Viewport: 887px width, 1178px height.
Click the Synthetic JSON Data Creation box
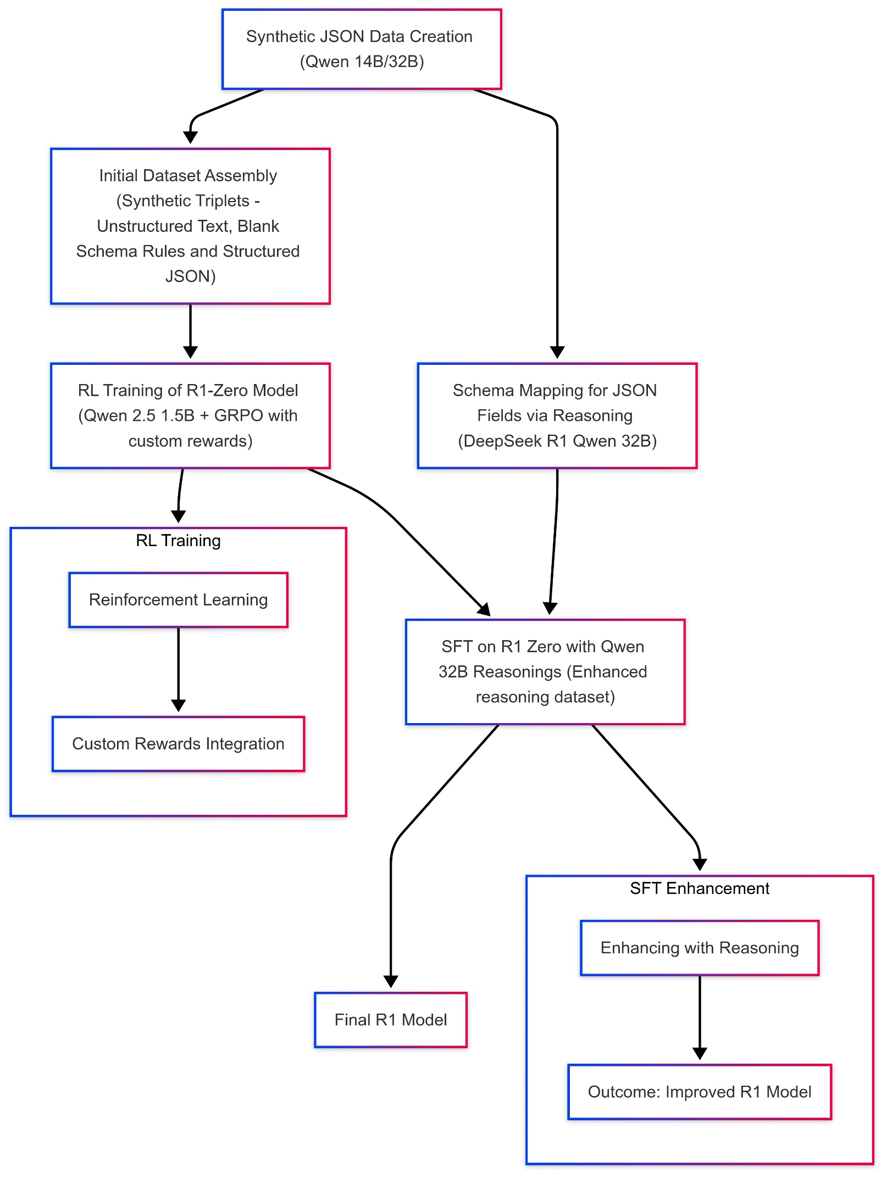(x=362, y=49)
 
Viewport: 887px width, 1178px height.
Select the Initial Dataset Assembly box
(x=190, y=226)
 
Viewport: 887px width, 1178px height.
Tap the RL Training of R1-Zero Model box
(x=190, y=415)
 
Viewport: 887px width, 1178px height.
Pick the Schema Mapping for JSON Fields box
(x=557, y=415)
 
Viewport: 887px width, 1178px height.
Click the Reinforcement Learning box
(x=178, y=599)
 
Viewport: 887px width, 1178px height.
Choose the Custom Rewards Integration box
(x=178, y=743)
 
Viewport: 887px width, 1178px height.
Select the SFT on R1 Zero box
(x=545, y=671)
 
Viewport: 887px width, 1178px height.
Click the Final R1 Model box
(x=390, y=1020)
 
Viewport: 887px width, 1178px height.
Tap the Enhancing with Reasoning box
(x=699, y=948)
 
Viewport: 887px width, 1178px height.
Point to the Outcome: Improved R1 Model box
(x=699, y=1092)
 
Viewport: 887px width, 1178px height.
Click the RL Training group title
(x=178, y=541)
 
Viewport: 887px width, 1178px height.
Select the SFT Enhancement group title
(x=699, y=888)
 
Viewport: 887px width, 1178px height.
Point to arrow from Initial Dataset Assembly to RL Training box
(x=190, y=330)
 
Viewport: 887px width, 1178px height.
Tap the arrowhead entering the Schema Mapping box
(x=557, y=352)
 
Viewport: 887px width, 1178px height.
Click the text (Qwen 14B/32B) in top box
(x=362, y=62)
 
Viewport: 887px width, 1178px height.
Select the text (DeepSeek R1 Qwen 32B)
(x=557, y=441)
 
